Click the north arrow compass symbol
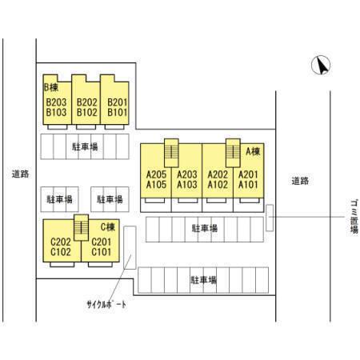tap(321, 65)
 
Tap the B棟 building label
tap(51, 87)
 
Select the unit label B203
tap(56, 102)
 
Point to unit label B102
tap(87, 112)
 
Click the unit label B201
tap(118, 102)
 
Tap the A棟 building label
tap(253, 151)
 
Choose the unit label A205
tap(156, 174)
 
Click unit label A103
tap(187, 185)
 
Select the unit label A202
tap(218, 174)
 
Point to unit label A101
tap(248, 185)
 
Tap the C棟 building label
tap(108, 227)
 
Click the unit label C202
tap(61, 242)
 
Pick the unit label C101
tap(101, 252)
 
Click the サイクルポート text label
tap(106, 305)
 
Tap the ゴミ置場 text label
tap(354, 216)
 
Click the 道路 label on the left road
tap(20, 174)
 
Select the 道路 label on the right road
tap(300, 181)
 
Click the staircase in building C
tap(81, 227)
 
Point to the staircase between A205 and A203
tap(171, 153)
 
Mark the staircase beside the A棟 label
tap(233, 153)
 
